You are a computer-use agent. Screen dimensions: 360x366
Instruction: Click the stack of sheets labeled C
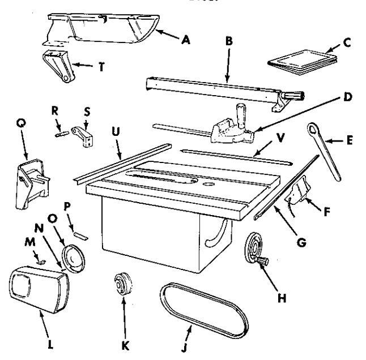pos(300,59)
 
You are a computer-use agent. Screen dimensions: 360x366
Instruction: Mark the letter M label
pos(31,256)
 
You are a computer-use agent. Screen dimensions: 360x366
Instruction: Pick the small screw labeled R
pos(61,135)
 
